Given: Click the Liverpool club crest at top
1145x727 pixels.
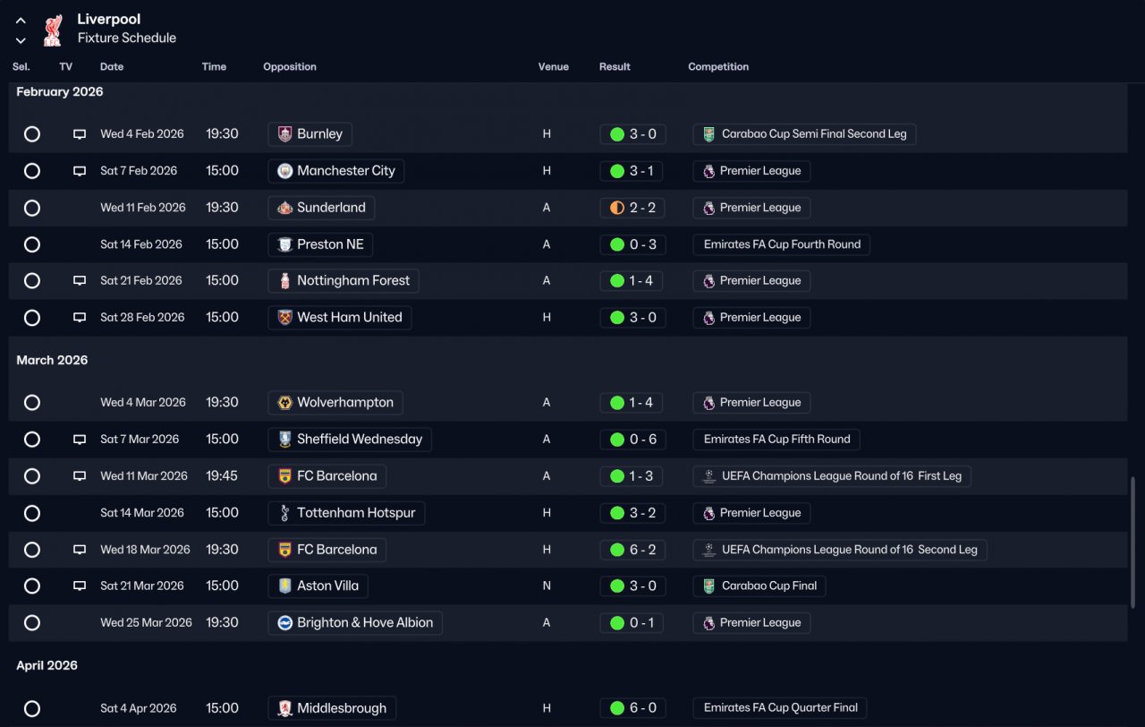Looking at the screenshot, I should [52, 29].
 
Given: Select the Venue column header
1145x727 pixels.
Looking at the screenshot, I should [553, 67].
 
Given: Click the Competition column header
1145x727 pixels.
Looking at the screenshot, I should [717, 67].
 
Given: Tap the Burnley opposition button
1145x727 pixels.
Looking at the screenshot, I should [310, 134].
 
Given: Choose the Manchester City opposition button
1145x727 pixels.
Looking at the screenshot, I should [335, 171].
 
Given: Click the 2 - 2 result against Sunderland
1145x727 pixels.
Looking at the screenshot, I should [632, 208].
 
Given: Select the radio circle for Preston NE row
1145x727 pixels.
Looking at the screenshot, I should [32, 244].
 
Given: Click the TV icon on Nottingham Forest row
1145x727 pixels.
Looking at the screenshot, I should [80, 281].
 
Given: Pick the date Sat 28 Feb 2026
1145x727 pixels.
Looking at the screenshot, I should [141, 318].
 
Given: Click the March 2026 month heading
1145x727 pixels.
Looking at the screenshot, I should [52, 360].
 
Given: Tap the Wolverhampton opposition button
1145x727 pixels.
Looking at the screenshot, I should [335, 403].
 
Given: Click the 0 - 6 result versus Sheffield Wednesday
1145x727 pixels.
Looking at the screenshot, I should [632, 440].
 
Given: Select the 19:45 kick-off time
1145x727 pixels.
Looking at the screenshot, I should [222, 476].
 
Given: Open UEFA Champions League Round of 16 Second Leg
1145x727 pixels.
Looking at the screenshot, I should [840, 550].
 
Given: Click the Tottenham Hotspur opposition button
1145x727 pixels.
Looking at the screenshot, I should [346, 513].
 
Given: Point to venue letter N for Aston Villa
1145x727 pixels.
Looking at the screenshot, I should [547, 586].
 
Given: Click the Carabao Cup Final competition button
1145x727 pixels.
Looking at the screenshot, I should [759, 586].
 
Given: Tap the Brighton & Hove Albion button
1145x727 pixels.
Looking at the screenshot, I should [354, 623].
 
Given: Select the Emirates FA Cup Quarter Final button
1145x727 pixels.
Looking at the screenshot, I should [780, 708].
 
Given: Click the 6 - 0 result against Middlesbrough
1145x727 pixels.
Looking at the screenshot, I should [632, 708].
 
